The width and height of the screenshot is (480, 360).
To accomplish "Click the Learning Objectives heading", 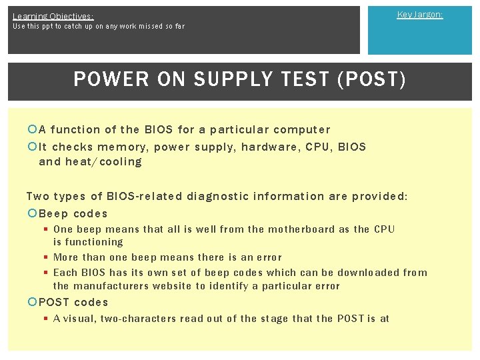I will (53, 16).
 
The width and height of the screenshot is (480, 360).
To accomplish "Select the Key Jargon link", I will (419, 14).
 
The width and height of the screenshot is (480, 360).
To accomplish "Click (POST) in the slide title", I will (372, 80).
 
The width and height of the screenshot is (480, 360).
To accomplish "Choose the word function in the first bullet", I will (75, 129).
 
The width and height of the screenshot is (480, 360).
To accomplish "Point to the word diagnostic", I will (221, 196).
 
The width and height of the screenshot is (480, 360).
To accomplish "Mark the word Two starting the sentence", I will (37, 196).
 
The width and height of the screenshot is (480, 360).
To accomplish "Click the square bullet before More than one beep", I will (46, 257).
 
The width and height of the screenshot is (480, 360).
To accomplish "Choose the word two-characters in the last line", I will (138, 319).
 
